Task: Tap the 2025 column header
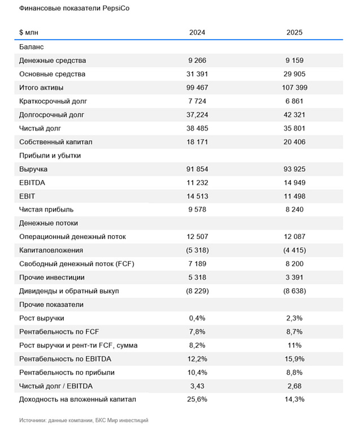point(294,33)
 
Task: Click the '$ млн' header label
point(29,33)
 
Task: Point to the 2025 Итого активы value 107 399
point(294,88)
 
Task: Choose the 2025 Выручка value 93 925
point(294,169)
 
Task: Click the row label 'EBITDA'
point(32,183)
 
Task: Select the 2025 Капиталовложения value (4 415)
point(294,250)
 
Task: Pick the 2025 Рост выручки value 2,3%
point(294,318)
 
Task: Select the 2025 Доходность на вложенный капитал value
point(294,400)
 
